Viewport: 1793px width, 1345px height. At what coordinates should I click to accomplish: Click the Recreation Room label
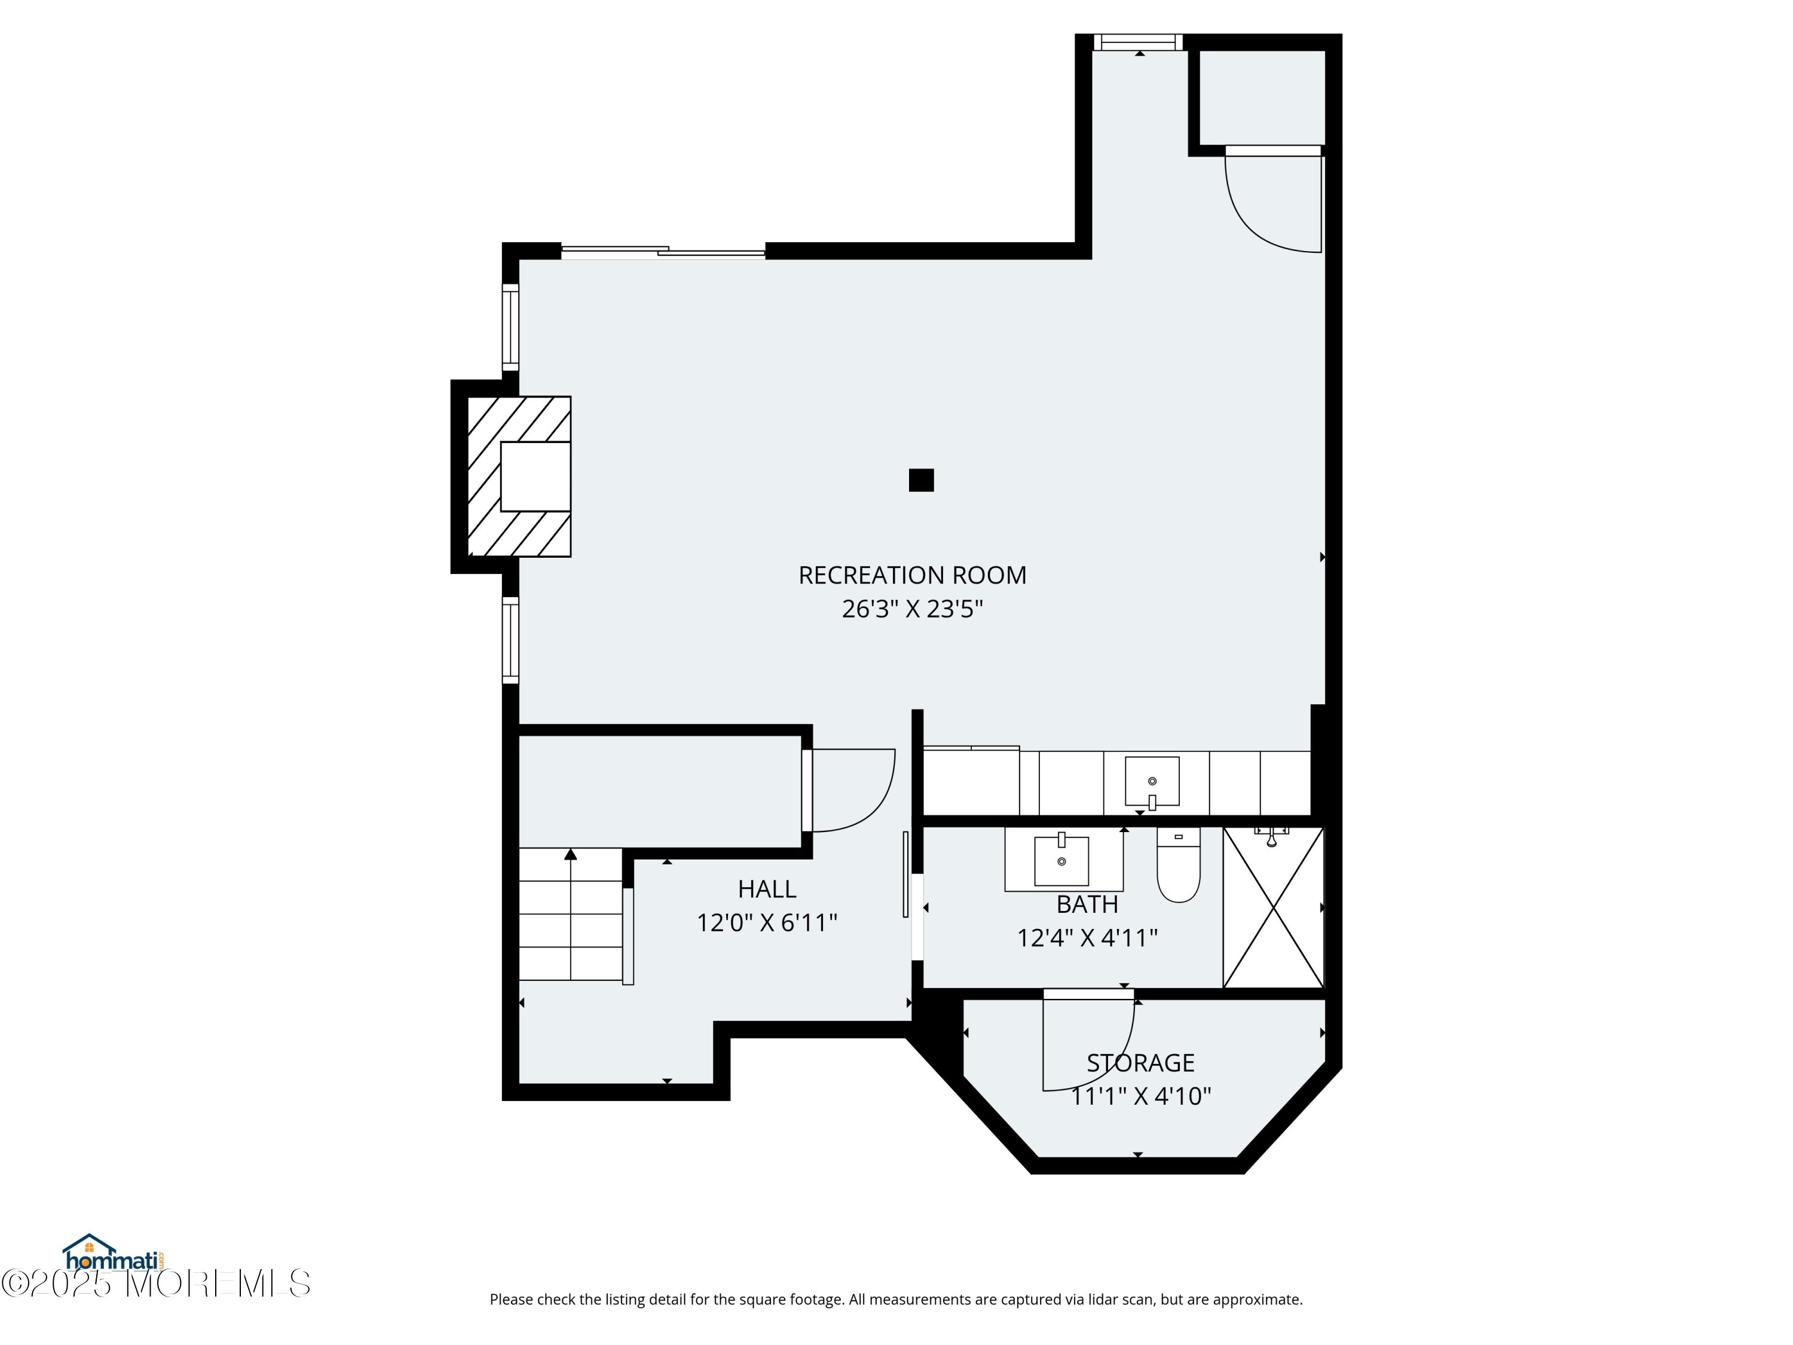click(912, 575)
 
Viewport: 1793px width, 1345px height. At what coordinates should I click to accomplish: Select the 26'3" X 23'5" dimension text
click(912, 609)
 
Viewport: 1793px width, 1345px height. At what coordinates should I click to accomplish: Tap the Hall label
click(767, 889)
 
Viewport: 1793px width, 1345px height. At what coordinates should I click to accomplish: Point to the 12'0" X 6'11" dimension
click(767, 922)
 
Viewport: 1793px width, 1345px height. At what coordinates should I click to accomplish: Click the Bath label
click(1087, 904)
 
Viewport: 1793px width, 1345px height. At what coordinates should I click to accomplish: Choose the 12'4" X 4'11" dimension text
click(1087, 938)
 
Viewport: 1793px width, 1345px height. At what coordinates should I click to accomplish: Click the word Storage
click(1140, 1063)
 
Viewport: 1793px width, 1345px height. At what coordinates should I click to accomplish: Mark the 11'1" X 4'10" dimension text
click(1140, 1096)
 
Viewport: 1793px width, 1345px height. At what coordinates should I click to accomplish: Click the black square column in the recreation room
click(921, 480)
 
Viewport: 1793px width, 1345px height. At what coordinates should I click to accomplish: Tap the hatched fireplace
click(519, 476)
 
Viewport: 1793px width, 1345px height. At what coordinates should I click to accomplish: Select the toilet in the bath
click(1179, 864)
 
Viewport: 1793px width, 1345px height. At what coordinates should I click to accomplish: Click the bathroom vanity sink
click(1061, 861)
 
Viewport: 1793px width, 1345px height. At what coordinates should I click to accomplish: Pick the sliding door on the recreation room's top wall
click(663, 251)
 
